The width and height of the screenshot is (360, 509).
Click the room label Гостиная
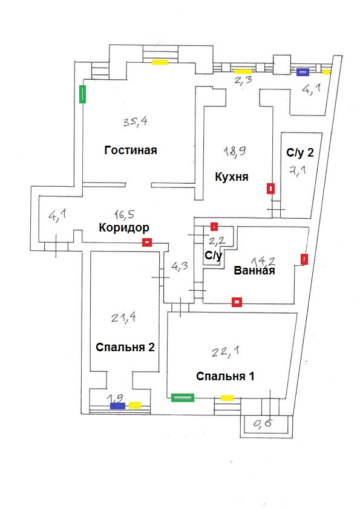(x=131, y=151)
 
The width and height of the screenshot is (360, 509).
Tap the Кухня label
(x=232, y=177)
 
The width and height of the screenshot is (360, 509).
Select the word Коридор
(x=124, y=227)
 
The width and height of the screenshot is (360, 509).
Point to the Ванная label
(x=254, y=270)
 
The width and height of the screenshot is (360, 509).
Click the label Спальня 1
(x=225, y=376)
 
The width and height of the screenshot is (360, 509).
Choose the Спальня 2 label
(x=125, y=347)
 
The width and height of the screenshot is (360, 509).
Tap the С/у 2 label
(x=300, y=152)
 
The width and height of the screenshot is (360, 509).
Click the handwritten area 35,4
(x=135, y=122)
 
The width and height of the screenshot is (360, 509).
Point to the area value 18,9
(x=235, y=151)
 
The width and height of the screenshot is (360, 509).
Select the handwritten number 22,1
(x=226, y=351)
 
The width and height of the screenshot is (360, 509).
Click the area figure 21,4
(x=123, y=317)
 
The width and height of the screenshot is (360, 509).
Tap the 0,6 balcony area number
(x=263, y=423)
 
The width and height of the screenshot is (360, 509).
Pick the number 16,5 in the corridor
(x=125, y=214)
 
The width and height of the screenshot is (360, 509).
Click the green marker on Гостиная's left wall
(x=82, y=94)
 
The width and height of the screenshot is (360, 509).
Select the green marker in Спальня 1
(x=183, y=397)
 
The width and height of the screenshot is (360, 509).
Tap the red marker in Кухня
(x=270, y=189)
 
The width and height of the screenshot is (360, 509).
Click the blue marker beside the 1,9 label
(x=117, y=406)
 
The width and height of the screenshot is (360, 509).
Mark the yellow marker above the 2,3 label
(x=243, y=71)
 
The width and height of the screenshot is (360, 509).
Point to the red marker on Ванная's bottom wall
(x=237, y=302)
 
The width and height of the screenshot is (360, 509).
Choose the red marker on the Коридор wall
(x=147, y=242)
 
